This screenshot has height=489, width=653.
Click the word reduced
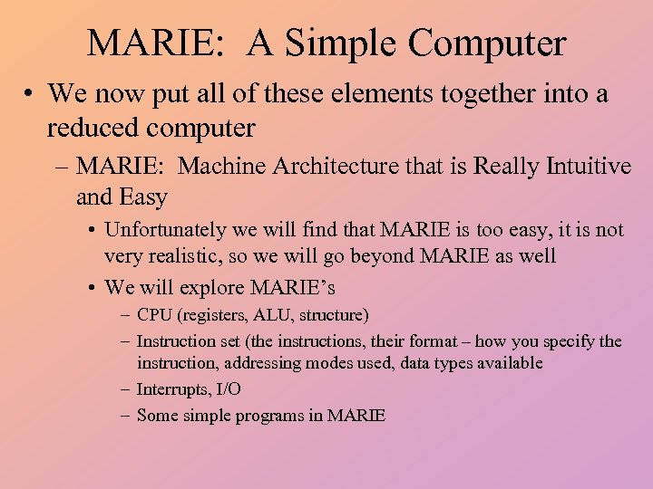click(99, 129)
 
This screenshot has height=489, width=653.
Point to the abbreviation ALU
click(278, 315)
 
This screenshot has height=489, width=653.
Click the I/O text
click(228, 389)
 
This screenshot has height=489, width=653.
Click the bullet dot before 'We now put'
click(31, 93)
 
